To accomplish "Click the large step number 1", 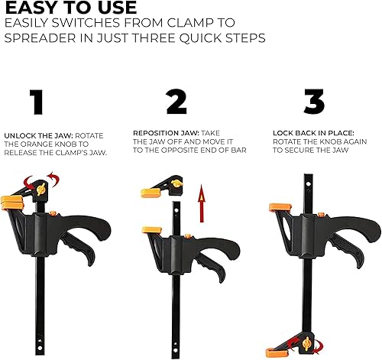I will (x=37, y=102).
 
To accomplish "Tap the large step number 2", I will (x=176, y=102).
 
